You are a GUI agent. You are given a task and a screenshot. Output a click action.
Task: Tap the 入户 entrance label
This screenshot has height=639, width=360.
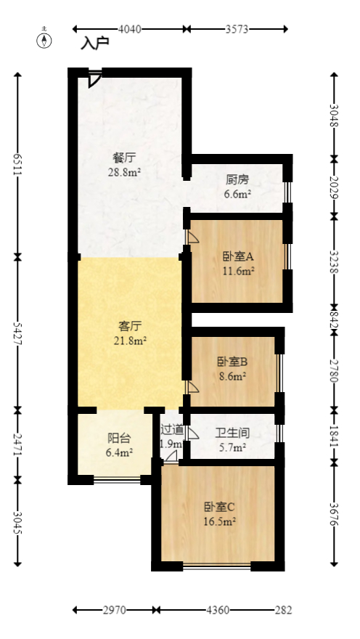95,44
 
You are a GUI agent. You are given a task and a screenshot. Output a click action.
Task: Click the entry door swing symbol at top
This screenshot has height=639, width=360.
94,78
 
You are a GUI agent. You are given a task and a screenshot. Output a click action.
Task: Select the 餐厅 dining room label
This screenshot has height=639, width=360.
124,158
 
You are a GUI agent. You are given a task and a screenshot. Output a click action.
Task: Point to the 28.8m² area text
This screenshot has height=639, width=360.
124,172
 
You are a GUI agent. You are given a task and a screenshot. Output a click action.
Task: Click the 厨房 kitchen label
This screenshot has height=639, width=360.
237,180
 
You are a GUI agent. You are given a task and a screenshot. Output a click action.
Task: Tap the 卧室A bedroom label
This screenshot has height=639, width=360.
237,257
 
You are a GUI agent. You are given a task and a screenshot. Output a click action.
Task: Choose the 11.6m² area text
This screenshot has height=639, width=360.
237,272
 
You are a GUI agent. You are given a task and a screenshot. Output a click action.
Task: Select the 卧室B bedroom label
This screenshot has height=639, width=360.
232,362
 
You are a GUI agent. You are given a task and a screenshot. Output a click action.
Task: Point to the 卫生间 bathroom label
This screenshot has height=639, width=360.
232,434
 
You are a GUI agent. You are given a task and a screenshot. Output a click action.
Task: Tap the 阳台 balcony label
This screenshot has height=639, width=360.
119,438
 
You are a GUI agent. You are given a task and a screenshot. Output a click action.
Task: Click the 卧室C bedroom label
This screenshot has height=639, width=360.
218,507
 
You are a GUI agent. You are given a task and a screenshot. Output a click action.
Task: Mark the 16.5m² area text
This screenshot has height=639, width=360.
218,521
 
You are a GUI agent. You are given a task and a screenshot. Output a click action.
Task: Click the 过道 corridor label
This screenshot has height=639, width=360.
172,429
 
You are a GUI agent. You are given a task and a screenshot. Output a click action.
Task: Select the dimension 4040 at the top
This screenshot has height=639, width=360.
128,29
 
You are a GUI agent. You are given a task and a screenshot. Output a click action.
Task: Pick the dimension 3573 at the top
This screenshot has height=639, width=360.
237,29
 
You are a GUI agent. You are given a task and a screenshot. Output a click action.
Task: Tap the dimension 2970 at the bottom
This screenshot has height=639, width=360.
113,610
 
